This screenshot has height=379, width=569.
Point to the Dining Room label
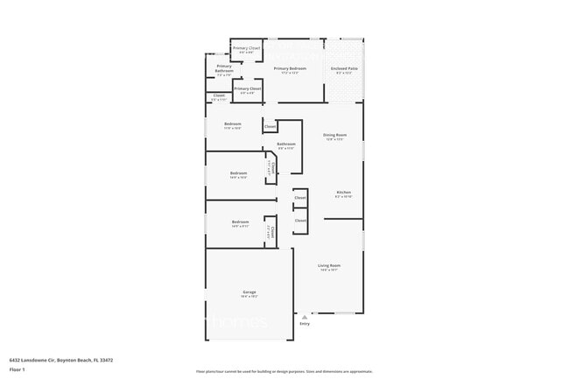pos(336,135)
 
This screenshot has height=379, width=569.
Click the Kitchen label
pos(344,192)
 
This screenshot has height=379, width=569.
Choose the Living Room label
pos(329,265)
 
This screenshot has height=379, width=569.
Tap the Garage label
pos(249,291)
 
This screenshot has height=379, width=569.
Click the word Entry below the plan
pos(305,325)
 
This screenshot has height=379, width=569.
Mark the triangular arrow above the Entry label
pos(305,317)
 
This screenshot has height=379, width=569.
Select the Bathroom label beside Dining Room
pos(286,144)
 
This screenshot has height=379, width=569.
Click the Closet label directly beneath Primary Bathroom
pos(219,95)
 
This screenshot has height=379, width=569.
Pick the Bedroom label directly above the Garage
pos(241,222)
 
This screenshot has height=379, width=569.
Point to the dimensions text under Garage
pos(249,297)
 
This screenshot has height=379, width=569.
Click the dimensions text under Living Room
pos(329,270)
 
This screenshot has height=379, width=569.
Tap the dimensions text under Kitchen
pos(344,197)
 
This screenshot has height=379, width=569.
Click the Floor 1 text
pos(17,370)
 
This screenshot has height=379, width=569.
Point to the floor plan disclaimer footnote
pos(284,371)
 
